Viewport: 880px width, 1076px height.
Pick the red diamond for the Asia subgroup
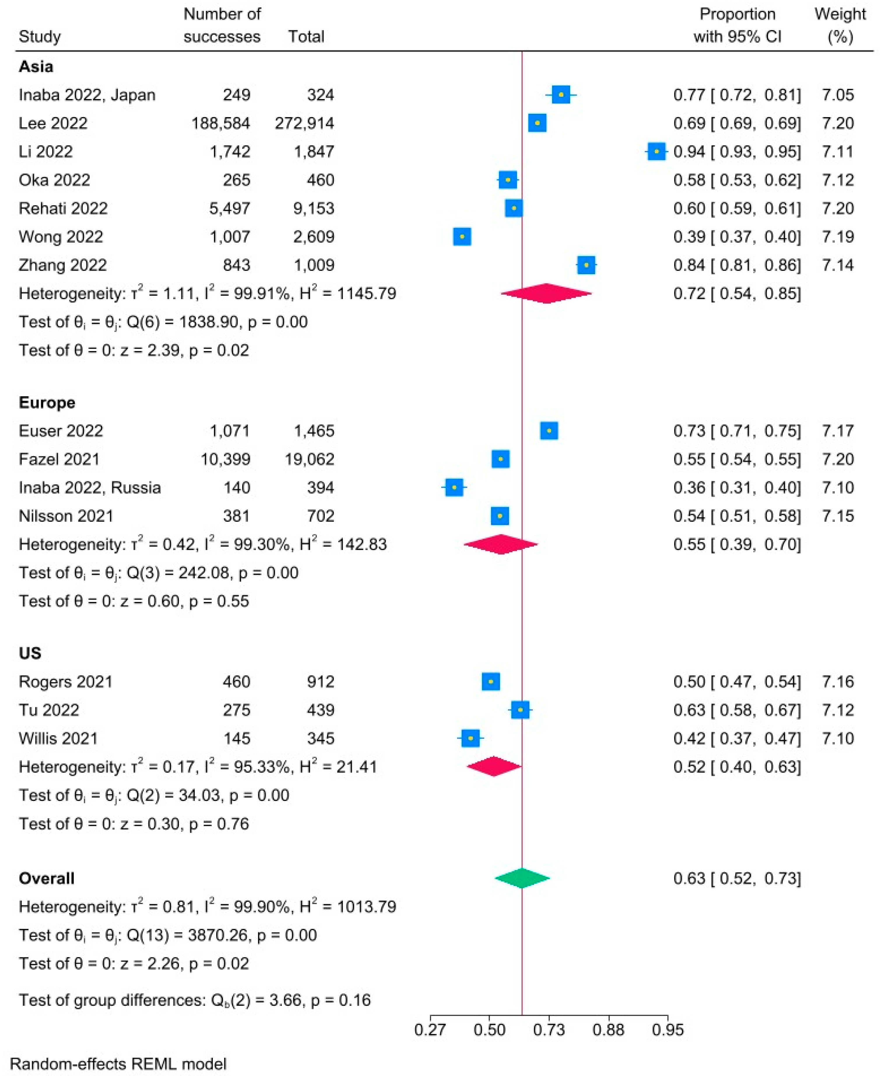[546, 293]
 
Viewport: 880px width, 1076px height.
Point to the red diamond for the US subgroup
[494, 767]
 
